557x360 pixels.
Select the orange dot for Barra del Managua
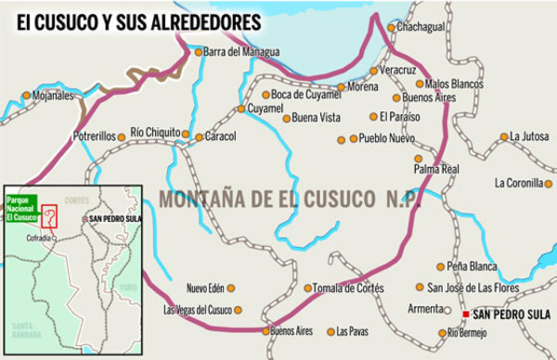[198, 52]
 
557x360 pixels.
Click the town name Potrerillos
[93, 136]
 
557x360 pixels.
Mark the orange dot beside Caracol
[199, 137]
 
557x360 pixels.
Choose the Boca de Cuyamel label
[306, 95]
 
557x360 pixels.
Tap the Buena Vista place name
[317, 118]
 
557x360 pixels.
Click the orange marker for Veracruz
[374, 71]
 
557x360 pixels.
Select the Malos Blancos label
[454, 84]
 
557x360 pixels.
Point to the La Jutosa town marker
[504, 136]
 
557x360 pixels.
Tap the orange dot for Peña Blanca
[439, 267]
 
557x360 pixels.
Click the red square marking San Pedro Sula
[465, 315]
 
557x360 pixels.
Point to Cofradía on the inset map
[39, 237]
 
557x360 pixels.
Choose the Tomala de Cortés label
[348, 288]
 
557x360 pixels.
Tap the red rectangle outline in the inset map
[51, 216]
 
